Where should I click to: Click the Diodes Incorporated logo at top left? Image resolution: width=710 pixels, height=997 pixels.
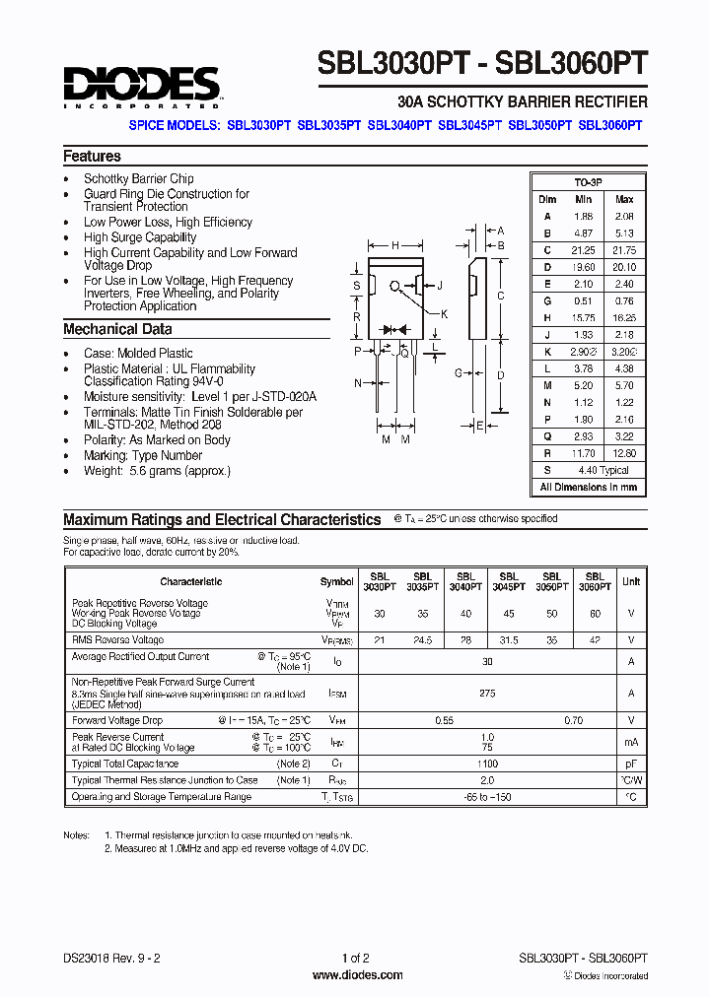point(141,86)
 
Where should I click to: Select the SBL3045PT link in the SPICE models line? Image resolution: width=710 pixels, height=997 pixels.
point(469,126)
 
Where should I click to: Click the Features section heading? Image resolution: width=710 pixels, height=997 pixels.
point(92,156)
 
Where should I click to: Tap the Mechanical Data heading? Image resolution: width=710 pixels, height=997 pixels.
point(117,329)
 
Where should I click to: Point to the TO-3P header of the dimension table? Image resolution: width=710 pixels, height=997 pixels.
point(588,183)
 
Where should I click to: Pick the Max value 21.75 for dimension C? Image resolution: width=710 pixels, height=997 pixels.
point(623,250)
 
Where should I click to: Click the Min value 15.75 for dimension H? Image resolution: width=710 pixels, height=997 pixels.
point(584,319)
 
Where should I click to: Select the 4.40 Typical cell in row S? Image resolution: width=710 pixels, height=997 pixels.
point(603,471)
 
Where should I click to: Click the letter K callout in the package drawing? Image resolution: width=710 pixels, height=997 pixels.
point(444,313)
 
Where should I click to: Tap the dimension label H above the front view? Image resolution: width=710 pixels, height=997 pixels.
point(395,245)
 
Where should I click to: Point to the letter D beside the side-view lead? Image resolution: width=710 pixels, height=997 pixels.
point(501,374)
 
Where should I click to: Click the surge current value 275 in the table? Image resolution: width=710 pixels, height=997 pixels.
point(487,694)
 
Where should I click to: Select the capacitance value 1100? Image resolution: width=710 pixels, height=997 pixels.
point(487,764)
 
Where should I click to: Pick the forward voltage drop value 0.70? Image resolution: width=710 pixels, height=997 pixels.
point(573,720)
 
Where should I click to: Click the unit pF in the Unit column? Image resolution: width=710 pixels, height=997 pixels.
point(630,764)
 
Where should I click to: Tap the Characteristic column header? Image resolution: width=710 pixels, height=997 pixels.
point(190,581)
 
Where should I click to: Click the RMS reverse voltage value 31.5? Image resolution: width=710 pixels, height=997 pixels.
point(508,639)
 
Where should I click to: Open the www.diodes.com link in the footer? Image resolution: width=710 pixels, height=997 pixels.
point(357,975)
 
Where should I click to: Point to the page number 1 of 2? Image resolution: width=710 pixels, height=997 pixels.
point(355,958)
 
